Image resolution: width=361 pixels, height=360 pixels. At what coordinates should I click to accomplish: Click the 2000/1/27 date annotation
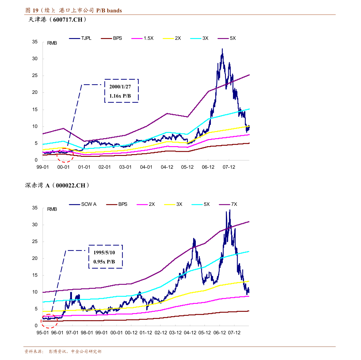click(120, 87)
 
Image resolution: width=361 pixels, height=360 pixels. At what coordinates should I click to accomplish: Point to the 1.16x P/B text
click(120, 96)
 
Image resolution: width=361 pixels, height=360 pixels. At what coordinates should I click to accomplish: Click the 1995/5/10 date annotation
click(104, 253)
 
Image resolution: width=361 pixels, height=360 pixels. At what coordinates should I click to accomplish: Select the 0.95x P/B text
click(104, 262)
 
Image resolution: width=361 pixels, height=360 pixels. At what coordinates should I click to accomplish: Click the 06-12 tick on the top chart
click(208, 167)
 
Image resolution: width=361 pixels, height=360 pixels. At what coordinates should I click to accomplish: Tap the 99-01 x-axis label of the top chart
click(42, 167)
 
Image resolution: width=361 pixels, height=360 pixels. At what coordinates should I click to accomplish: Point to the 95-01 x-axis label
click(42, 333)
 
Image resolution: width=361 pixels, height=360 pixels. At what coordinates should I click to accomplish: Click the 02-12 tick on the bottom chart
click(161, 333)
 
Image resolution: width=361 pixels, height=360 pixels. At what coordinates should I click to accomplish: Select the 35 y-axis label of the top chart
click(35, 42)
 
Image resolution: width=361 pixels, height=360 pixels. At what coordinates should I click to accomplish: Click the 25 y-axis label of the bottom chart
click(35, 242)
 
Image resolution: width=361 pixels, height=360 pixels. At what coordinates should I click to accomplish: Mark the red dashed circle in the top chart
click(65, 155)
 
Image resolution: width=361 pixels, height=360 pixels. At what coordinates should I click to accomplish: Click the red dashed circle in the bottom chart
click(49, 321)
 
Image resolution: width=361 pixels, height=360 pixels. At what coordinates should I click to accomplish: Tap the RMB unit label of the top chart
click(52, 43)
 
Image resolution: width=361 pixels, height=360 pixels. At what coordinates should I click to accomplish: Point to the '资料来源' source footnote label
click(34, 352)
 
